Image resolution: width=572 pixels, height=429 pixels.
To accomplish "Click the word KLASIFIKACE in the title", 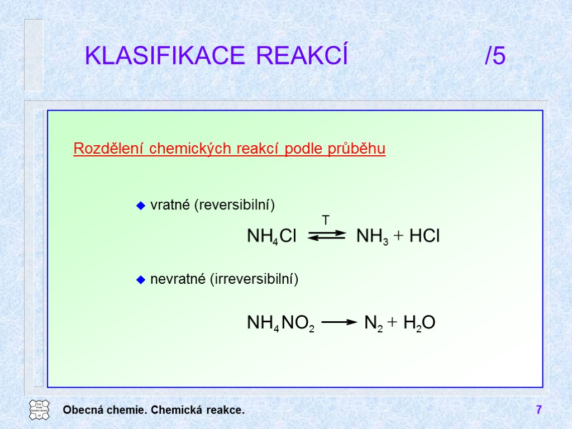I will [x=164, y=56].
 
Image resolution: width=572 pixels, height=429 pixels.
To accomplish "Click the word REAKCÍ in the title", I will [x=302, y=56].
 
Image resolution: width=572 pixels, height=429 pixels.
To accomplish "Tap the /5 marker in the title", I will [x=495, y=56].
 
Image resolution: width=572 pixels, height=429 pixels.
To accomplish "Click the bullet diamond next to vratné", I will [x=141, y=206].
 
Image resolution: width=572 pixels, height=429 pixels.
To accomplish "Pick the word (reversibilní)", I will [x=235, y=206].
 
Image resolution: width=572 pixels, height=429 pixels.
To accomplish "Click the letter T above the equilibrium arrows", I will [x=326, y=220].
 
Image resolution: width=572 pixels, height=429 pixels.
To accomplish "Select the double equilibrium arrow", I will [x=327, y=236].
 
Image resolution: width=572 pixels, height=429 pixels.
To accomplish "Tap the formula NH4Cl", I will [x=271, y=236].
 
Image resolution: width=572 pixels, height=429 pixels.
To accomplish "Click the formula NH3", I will [x=372, y=236].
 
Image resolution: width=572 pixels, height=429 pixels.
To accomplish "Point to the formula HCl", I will [x=425, y=236].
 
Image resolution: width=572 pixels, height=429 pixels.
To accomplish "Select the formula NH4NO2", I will [x=280, y=323].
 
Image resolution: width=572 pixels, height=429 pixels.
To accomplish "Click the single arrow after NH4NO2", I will [x=339, y=322].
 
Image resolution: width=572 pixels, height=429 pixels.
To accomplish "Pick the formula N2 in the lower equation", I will [x=373, y=323].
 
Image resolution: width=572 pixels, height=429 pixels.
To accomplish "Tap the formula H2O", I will [x=419, y=323].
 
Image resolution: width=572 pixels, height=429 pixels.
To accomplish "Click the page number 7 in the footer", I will [x=538, y=411].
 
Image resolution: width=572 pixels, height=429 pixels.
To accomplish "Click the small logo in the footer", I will [x=39, y=410].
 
